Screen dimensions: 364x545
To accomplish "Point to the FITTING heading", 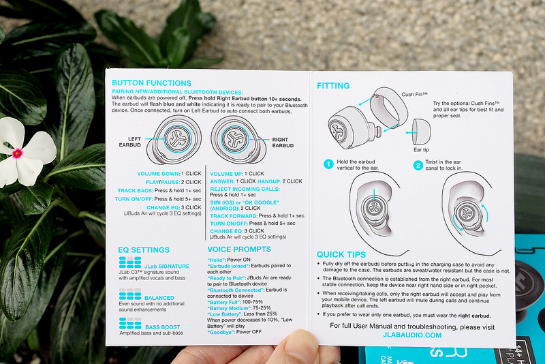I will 333,86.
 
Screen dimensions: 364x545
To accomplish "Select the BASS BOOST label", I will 162,328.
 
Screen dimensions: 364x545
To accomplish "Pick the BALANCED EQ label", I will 159,298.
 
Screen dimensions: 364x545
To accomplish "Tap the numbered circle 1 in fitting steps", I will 327,164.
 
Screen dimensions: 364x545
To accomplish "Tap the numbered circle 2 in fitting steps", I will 418,164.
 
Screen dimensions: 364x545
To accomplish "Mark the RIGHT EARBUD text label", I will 283,142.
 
